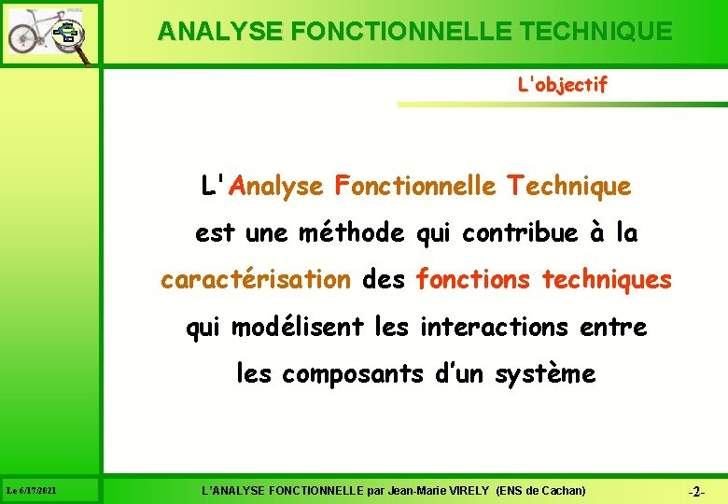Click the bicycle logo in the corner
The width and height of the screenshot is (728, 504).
point(49,34)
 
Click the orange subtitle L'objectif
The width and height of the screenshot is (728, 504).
point(562,85)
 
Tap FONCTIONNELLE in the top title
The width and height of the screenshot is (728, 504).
point(404,32)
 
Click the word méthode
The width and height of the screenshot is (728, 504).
point(352,233)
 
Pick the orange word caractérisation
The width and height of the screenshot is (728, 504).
point(256,280)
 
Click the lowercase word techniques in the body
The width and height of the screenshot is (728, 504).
point(607,280)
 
